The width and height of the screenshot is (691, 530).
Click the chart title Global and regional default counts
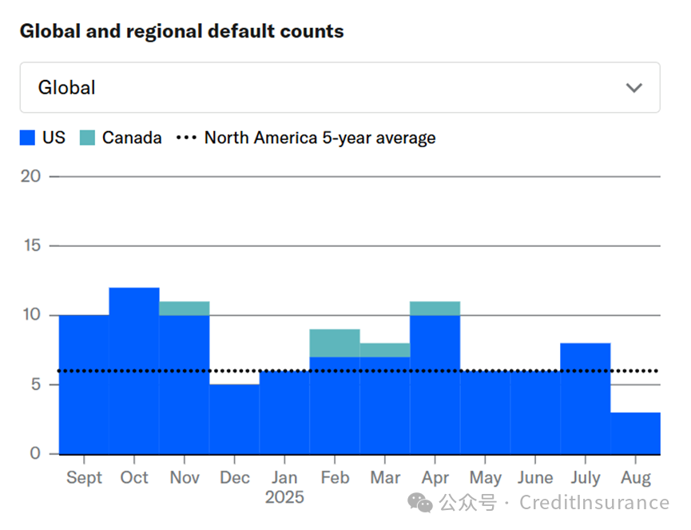click(181, 32)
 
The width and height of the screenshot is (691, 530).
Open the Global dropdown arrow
click(633, 88)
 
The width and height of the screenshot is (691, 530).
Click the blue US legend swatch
click(28, 137)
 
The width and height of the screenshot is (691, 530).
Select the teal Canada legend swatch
click(87, 137)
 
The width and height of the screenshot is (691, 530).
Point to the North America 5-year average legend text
click(320, 137)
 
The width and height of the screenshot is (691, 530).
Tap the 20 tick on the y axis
click(30, 176)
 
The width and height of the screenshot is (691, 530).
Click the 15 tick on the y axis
click(30, 245)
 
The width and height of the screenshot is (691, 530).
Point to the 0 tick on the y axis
click(34, 454)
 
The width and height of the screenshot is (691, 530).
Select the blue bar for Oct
click(134, 371)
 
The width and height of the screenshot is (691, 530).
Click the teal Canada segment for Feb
click(335, 343)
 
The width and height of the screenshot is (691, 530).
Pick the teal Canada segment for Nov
click(185, 308)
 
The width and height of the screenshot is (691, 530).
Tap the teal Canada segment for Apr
click(435, 308)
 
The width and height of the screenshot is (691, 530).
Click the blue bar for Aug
click(635, 433)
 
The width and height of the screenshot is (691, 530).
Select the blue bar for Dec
click(234, 419)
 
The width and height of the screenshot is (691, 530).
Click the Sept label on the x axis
click(84, 478)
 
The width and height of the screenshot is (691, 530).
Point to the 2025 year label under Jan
click(284, 498)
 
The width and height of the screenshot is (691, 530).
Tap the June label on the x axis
click(534, 478)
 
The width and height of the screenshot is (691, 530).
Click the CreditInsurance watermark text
click(594, 503)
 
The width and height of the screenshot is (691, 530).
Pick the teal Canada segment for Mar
click(384, 350)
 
